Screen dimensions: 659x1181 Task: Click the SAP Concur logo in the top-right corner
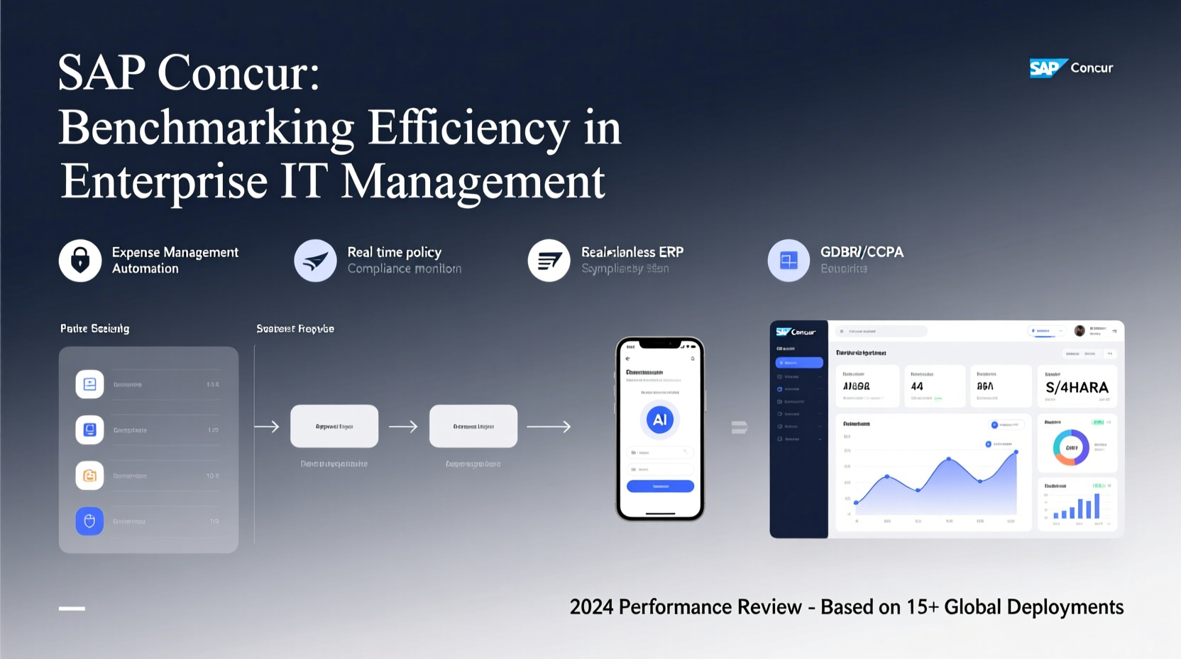coord(1071,68)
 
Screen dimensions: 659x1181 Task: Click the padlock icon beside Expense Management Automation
coord(80,261)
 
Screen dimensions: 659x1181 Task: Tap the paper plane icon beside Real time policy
coord(315,261)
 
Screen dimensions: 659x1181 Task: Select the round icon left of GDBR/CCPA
coord(789,261)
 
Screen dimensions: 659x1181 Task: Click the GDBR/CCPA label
coord(862,252)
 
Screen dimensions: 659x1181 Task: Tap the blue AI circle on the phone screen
coord(659,420)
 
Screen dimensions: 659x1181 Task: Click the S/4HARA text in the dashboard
coord(1077,388)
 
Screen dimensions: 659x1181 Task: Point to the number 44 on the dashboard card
coord(917,386)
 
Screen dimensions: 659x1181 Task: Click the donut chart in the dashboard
coord(1071,447)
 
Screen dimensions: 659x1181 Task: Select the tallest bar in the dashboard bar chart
coord(1097,506)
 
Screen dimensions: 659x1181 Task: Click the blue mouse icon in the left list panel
coord(89,521)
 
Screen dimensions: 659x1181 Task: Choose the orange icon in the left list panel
coord(89,476)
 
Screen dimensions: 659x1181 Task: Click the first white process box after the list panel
coord(334,426)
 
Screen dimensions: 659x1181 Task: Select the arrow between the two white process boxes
coord(403,427)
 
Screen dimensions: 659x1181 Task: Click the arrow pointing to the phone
coord(549,427)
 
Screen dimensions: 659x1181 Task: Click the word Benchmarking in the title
coord(206,128)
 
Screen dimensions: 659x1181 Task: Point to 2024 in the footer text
coord(591,607)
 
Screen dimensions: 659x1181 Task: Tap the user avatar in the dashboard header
coord(1080,331)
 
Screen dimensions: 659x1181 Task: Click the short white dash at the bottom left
coord(72,609)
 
